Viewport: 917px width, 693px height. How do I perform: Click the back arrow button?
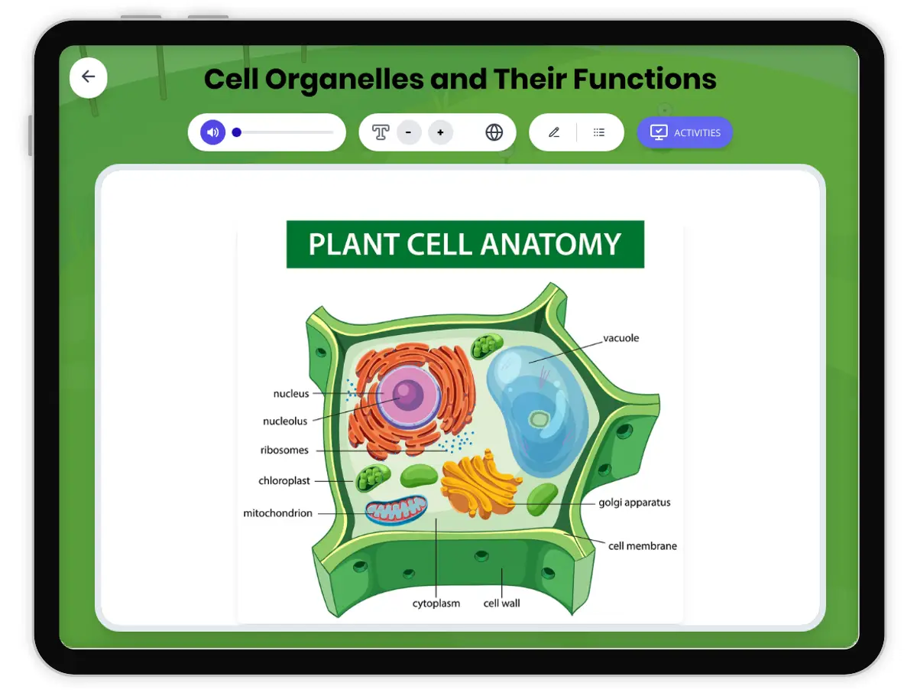click(89, 76)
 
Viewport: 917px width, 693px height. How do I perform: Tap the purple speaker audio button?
click(213, 132)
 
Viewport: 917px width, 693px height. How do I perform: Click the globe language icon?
click(494, 132)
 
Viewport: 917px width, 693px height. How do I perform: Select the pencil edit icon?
click(554, 132)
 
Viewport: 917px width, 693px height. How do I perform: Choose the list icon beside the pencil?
click(599, 132)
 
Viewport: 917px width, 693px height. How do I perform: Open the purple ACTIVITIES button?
click(685, 132)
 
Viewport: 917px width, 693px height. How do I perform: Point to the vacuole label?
click(621, 338)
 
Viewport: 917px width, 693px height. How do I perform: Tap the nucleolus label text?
click(285, 421)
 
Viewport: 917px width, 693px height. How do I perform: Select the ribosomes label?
click(284, 451)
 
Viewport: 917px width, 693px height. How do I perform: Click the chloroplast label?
click(284, 481)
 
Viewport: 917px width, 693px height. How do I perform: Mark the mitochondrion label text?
click(277, 513)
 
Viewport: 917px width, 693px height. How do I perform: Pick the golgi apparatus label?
click(634, 503)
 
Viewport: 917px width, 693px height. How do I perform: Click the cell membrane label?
click(642, 546)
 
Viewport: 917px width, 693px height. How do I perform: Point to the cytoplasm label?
click(436, 604)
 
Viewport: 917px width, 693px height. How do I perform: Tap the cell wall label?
click(501, 604)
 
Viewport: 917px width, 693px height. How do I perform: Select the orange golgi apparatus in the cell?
click(478, 483)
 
